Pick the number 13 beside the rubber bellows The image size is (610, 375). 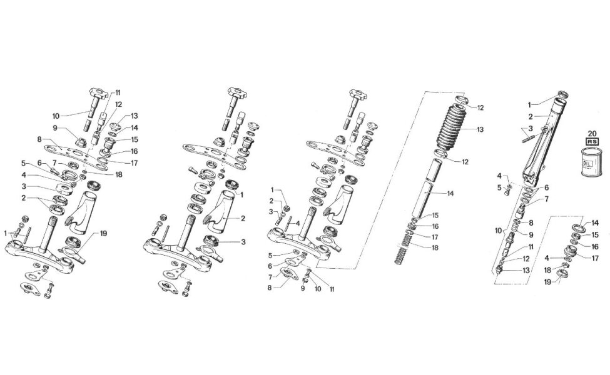[x=480, y=129]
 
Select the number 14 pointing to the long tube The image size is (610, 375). [x=450, y=194]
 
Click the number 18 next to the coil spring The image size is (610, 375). [x=435, y=247]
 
